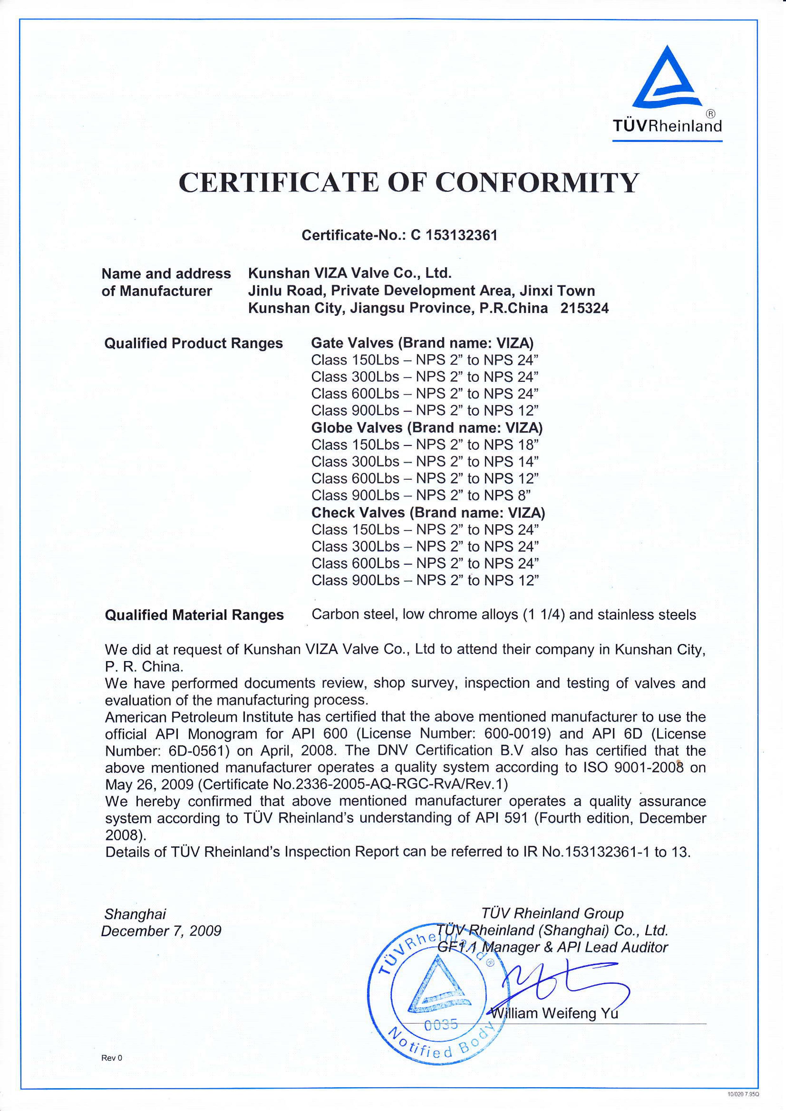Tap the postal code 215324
(584, 308)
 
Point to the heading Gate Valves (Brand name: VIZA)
(422, 343)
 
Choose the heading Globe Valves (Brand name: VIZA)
(426, 428)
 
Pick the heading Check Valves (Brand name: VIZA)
(428, 513)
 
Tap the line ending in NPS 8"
(421, 495)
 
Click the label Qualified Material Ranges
(194, 615)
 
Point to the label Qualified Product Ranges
(194, 343)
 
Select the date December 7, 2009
(161, 930)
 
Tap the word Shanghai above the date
(135, 914)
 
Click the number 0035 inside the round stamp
(441, 1025)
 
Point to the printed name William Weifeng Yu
(555, 1013)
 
